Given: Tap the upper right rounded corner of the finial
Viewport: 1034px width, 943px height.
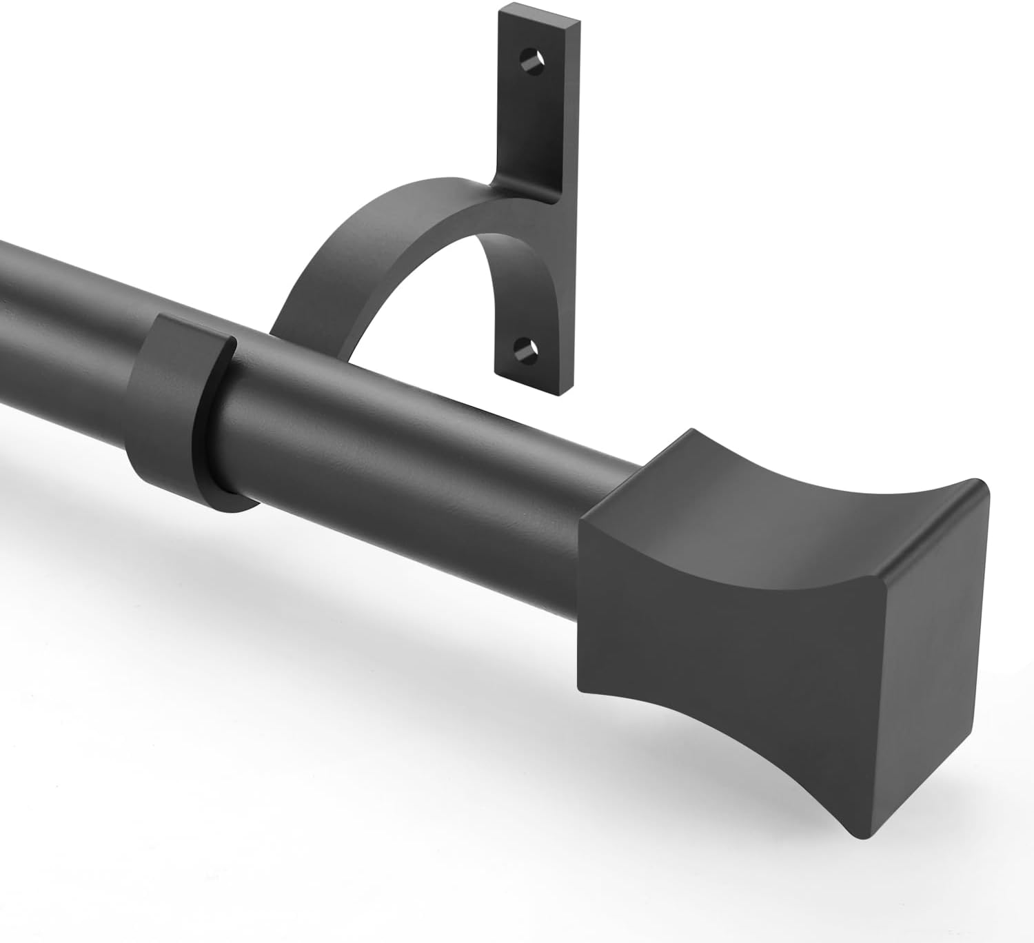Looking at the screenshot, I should point(979,486).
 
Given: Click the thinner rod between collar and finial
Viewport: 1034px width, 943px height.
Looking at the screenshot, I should point(414,448).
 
